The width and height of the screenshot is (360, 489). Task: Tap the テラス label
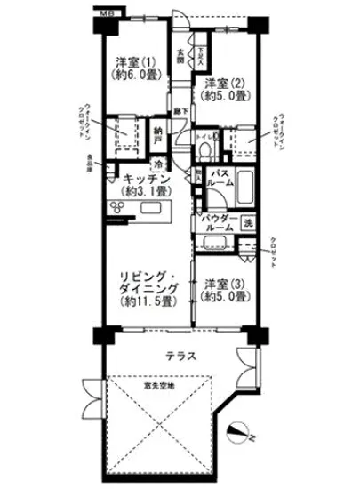[180, 356]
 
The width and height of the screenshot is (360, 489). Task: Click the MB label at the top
[106, 13]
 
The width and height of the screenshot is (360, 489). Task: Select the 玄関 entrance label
[180, 58]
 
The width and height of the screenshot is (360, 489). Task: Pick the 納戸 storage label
[157, 132]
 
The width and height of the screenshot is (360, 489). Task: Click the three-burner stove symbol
[118, 206]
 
